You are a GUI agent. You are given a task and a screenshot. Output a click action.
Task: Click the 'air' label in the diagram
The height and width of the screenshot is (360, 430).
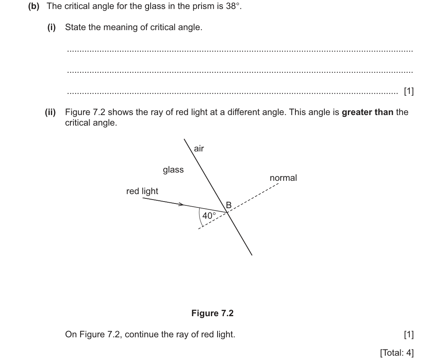[x=199, y=149]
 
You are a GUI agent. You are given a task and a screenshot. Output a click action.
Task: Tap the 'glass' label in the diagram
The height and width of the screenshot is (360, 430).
[x=173, y=170]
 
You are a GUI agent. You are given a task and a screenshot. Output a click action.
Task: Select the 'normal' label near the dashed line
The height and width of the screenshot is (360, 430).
[x=283, y=178]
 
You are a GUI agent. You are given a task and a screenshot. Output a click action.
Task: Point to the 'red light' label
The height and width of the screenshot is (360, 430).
[x=142, y=191]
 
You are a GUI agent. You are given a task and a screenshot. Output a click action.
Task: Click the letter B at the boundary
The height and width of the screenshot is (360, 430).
[x=228, y=205]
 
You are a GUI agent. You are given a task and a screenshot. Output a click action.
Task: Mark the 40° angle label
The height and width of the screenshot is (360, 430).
[x=209, y=216]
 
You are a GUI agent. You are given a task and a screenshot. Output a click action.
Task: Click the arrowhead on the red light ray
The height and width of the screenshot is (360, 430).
[x=181, y=204]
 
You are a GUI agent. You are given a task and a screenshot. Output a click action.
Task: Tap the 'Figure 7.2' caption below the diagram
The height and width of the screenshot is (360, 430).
[x=212, y=313]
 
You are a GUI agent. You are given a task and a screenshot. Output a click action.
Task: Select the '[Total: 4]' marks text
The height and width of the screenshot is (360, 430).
[x=397, y=353]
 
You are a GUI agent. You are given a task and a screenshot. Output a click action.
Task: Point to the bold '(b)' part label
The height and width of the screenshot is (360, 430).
[x=34, y=6]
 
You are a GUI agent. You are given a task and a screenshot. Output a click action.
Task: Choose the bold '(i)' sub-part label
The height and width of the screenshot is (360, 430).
[x=52, y=27]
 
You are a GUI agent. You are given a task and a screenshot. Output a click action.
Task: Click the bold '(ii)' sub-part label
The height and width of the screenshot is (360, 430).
[x=50, y=112]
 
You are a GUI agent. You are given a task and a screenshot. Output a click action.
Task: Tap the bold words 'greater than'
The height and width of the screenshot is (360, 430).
[x=367, y=112]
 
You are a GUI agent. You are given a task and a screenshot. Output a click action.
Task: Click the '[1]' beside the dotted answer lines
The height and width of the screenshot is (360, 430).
[x=409, y=91]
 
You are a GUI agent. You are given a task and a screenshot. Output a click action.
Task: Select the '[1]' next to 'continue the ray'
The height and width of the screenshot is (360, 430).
[x=409, y=335]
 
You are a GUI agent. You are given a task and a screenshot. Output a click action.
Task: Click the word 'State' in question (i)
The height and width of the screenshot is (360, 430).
[x=75, y=27]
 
